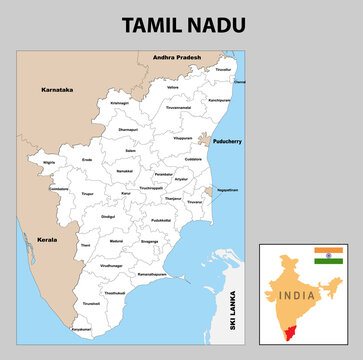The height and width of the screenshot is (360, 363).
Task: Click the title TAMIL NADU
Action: click(181, 23)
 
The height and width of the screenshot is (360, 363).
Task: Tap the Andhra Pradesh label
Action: click(175, 58)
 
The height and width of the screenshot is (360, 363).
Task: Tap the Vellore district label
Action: click(174, 87)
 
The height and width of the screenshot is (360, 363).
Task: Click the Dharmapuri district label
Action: click(128, 129)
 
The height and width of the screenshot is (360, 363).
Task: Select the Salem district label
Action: click(129, 150)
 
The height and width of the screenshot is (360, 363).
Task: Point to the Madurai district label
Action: click(116, 241)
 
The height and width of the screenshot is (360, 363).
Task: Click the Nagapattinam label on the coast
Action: click(226, 189)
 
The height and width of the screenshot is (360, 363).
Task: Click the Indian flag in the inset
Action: click(327, 254)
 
